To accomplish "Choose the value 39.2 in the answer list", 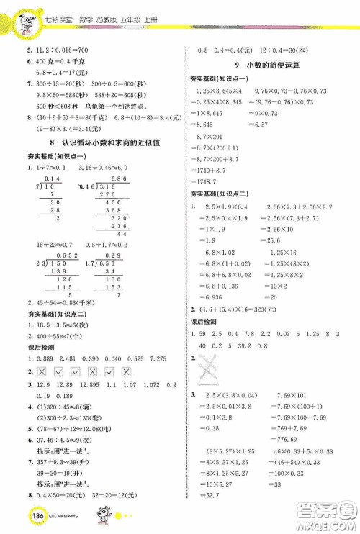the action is click(253, 347).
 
